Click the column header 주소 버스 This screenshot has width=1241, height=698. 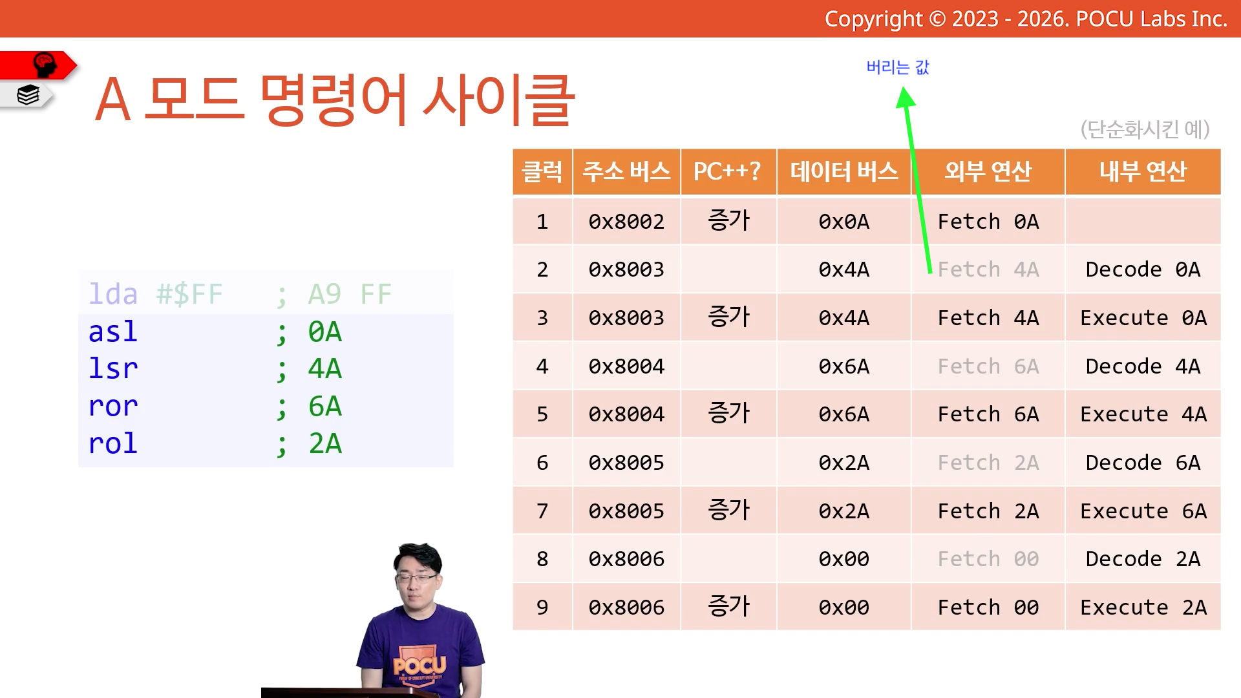626,172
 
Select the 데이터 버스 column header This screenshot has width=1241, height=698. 844,172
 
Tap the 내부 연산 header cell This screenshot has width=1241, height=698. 1143,172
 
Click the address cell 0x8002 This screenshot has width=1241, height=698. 626,222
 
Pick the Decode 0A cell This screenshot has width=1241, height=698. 1143,270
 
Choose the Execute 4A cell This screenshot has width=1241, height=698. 1143,414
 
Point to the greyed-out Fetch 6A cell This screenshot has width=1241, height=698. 988,366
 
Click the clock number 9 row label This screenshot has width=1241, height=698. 542,608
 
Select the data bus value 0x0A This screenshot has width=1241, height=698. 844,222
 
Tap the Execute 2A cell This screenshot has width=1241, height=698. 1143,608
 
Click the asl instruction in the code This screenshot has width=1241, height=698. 113,332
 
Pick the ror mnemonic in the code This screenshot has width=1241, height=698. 113,407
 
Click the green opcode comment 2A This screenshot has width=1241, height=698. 325,444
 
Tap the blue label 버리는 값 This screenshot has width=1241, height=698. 898,67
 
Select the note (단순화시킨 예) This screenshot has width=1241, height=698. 1145,129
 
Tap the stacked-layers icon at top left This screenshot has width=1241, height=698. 28,95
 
